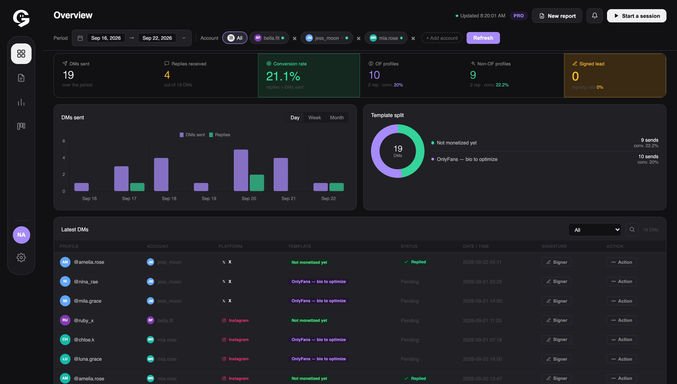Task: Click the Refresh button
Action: click(483, 38)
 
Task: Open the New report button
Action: click(557, 16)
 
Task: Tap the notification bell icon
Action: click(594, 16)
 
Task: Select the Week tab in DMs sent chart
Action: click(314, 118)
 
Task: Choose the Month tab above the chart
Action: click(337, 118)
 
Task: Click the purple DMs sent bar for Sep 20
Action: click(241, 170)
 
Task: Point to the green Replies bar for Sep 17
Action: click(137, 187)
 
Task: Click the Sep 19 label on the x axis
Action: click(209, 198)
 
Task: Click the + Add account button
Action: click(442, 38)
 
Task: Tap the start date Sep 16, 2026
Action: click(106, 38)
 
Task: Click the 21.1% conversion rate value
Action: click(283, 77)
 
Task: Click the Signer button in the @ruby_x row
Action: click(556, 320)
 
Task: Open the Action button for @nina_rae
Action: click(621, 281)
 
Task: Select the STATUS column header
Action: click(409, 246)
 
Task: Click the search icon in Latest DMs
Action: click(632, 229)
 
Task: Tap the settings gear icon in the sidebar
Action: click(21, 257)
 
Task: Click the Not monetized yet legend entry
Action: click(454, 143)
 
